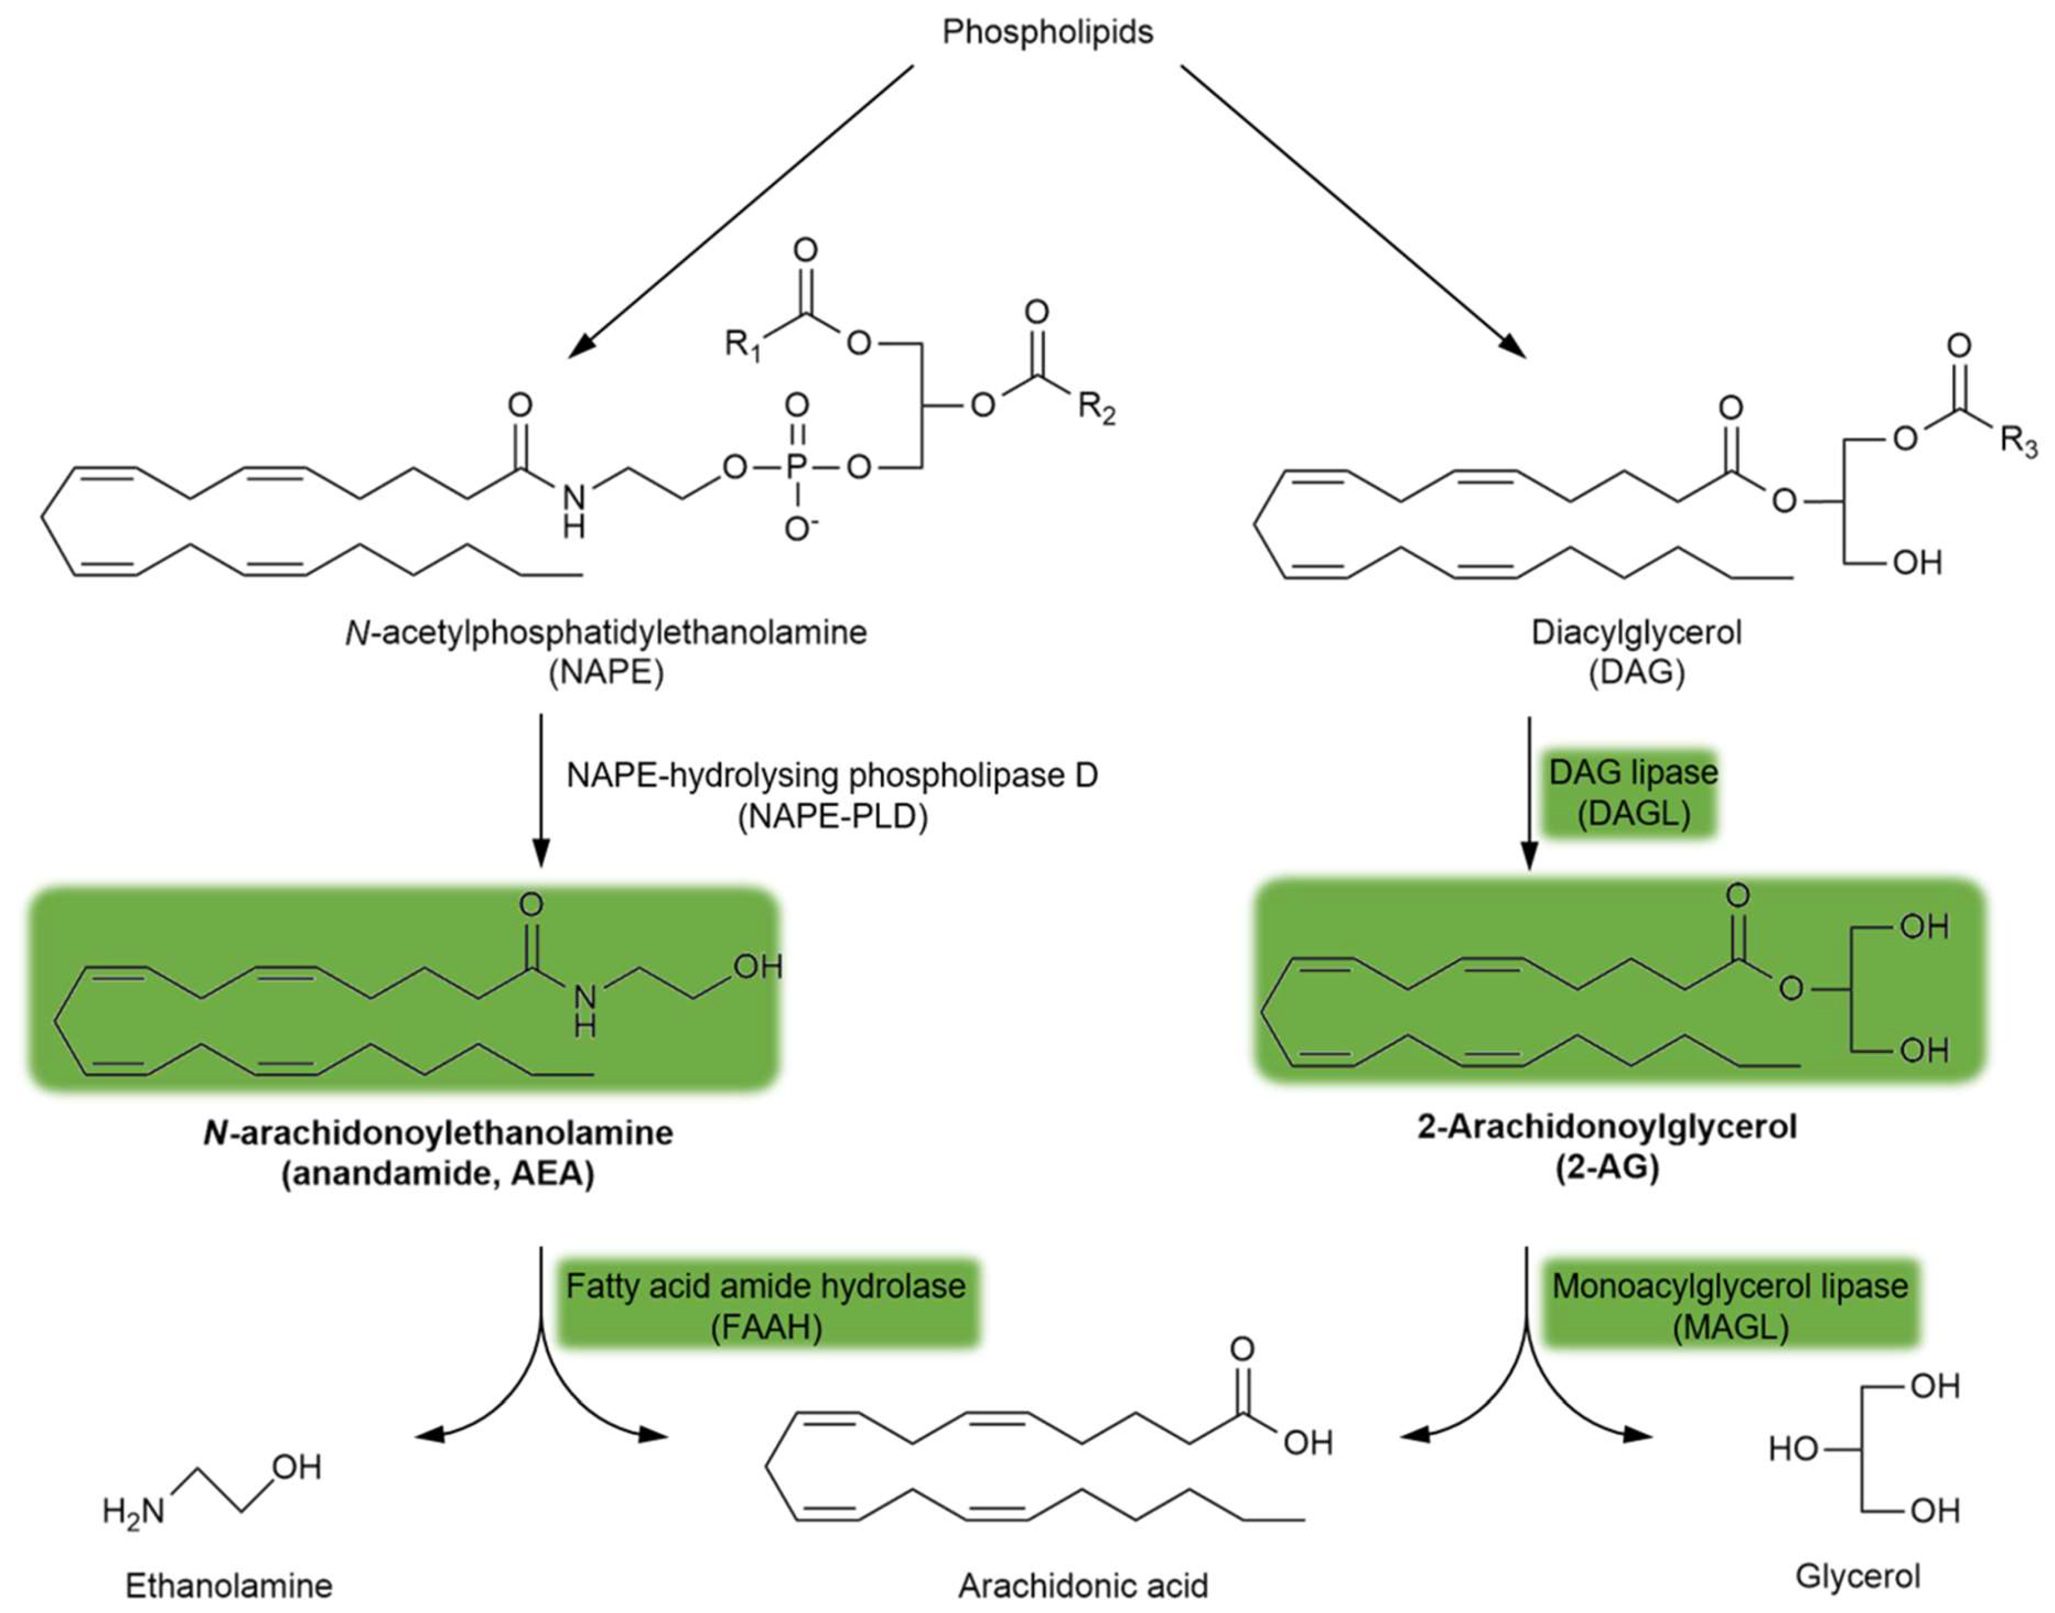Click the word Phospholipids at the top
[1047, 33]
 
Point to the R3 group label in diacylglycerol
[2018, 441]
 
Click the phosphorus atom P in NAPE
[797, 466]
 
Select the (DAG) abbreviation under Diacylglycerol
[1636, 673]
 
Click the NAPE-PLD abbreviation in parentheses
[832, 816]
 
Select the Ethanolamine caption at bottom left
[229, 1585]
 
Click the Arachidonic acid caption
[1083, 1585]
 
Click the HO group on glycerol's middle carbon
[1792, 1449]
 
